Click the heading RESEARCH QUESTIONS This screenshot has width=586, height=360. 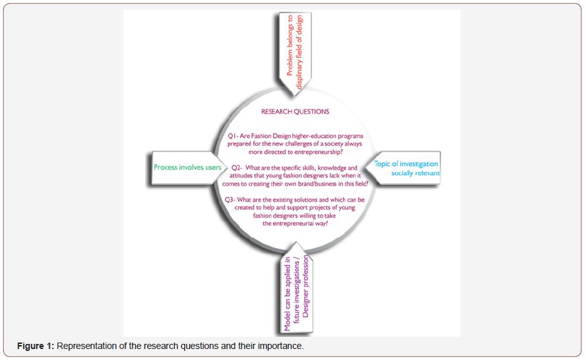(295, 112)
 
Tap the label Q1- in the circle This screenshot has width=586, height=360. (233, 136)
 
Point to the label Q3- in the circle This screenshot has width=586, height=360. (232, 200)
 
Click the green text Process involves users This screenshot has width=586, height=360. (188, 167)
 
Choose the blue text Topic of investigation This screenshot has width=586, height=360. (407, 164)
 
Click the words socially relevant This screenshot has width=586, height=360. (415, 173)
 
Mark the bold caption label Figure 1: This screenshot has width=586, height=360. (36, 346)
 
